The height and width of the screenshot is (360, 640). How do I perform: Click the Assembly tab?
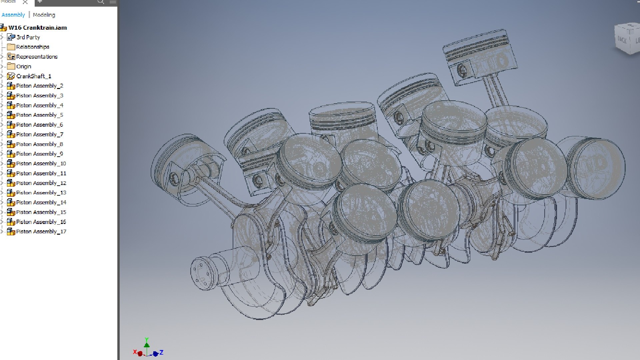(13, 15)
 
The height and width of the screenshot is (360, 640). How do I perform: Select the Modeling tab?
(44, 15)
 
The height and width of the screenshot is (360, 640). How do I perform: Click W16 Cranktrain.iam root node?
(37, 28)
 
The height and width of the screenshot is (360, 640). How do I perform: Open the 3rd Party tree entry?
(28, 37)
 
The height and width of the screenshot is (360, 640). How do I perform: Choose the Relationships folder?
(32, 47)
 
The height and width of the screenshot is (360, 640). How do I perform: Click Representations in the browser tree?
(37, 57)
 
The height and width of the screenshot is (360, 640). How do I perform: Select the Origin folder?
(23, 66)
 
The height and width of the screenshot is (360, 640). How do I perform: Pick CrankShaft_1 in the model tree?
(33, 76)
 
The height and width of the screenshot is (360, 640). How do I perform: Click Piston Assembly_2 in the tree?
(39, 86)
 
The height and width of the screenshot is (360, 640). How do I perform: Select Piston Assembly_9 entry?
(39, 154)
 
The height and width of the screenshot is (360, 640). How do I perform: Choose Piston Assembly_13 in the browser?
(41, 193)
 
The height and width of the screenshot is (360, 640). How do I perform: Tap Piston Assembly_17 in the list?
(41, 231)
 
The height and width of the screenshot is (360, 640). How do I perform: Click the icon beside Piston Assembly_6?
(11, 125)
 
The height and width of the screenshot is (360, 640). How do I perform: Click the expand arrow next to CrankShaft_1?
(2, 76)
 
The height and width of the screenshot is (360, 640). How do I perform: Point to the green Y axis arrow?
(147, 343)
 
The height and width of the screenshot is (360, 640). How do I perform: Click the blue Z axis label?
(161, 352)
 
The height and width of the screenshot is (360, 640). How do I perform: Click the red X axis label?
(135, 352)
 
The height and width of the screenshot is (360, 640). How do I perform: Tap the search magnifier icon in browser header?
(101, 2)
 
